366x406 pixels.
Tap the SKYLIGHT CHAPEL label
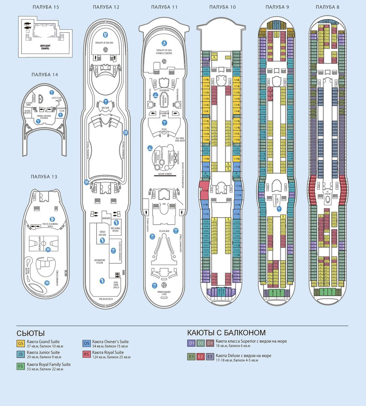coord(45,47)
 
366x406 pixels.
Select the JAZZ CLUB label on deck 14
coord(56,98)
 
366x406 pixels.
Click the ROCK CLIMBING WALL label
coord(50,225)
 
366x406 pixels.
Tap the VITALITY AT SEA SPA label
coord(105,43)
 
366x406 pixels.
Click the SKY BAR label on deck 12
coord(105,108)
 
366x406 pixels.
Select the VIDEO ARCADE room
coord(102,233)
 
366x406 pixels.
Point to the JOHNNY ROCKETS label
coord(120,252)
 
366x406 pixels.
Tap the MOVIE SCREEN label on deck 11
coord(163,174)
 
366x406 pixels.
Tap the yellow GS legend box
coord(21,344)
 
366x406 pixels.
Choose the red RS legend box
coord(86,354)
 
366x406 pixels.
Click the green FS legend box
coord(21,367)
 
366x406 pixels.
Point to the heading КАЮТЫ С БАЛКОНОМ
coord(226,333)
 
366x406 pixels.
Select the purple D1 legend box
coord(191,343)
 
